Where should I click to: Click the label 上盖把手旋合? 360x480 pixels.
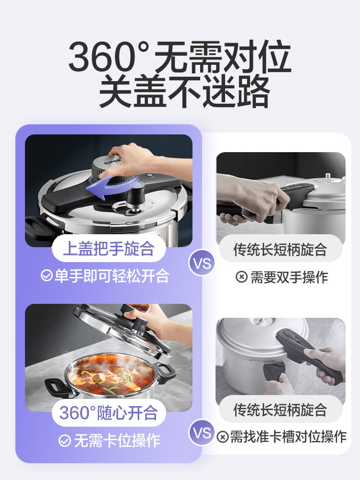point(108,249)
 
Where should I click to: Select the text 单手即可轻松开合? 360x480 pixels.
point(112,276)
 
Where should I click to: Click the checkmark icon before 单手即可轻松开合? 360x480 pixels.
point(47,276)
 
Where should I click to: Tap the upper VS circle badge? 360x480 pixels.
point(202,263)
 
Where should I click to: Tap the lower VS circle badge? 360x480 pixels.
point(202,433)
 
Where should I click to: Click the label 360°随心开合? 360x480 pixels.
point(108,412)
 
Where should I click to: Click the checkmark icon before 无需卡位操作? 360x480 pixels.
point(65,440)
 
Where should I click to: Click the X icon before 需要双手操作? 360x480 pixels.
point(241,277)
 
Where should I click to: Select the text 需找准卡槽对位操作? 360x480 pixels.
point(288,436)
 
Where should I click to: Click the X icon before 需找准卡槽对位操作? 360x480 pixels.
point(222,437)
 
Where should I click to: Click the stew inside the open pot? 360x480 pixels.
point(110,377)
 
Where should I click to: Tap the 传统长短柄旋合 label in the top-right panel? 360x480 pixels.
point(280,249)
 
